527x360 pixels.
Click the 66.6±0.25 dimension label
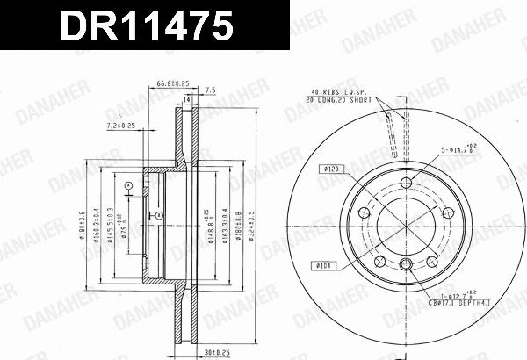pos(173,83)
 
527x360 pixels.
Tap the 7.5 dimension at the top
pos(210,90)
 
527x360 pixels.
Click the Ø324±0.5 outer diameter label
pos(251,227)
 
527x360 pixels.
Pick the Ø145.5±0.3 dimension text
pos(110,227)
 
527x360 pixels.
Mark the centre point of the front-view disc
pos(405,227)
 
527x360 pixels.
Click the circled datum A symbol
pos(127,184)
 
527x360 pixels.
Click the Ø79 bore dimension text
pos(125,232)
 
